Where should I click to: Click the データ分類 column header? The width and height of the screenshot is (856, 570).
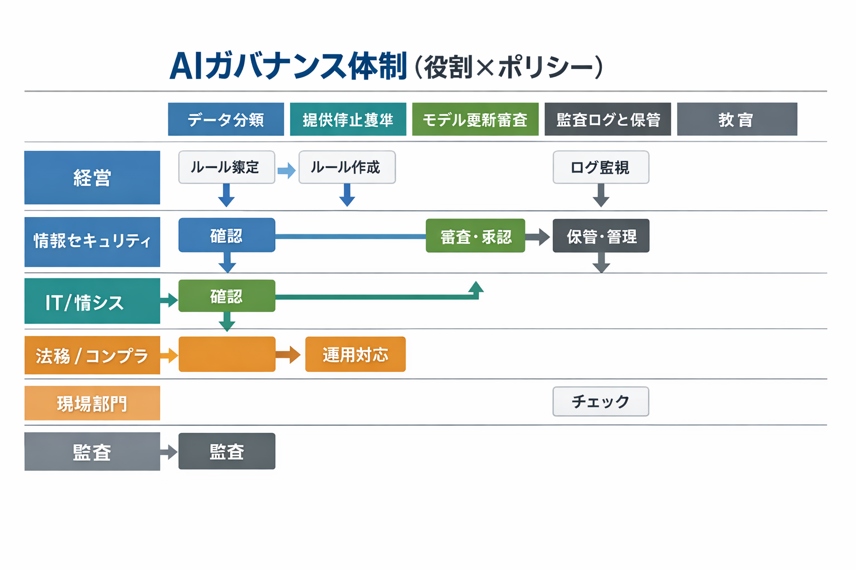tap(226, 119)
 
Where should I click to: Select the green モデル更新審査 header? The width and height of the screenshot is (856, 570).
tap(475, 119)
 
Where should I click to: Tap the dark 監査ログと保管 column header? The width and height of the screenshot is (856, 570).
tap(607, 119)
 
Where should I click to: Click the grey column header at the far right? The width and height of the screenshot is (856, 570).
tap(737, 119)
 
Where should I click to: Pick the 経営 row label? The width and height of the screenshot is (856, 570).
tap(92, 178)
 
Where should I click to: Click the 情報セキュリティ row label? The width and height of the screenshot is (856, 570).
tap(92, 242)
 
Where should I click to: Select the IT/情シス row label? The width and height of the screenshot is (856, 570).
tap(92, 301)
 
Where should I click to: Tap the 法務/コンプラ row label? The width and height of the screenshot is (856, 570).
tap(92, 355)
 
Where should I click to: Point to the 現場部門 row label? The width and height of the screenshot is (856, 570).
tap(92, 403)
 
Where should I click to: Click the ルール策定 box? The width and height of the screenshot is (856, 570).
tap(226, 167)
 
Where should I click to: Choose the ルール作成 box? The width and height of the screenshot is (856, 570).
tap(347, 167)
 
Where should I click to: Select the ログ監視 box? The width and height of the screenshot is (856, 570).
tap(601, 167)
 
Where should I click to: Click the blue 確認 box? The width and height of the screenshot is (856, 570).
tap(226, 235)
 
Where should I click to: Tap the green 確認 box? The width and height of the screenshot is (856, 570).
tap(226, 296)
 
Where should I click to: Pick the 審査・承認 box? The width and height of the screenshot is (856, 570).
tap(475, 237)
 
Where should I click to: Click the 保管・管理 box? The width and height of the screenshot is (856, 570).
tap(601, 237)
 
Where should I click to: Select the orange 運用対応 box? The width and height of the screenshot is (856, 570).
tap(355, 355)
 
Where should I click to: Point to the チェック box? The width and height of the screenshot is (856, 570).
tap(601, 401)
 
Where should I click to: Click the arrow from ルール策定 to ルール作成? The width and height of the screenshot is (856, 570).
tap(286, 170)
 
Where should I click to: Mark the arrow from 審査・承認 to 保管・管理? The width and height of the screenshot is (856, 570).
tap(538, 237)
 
